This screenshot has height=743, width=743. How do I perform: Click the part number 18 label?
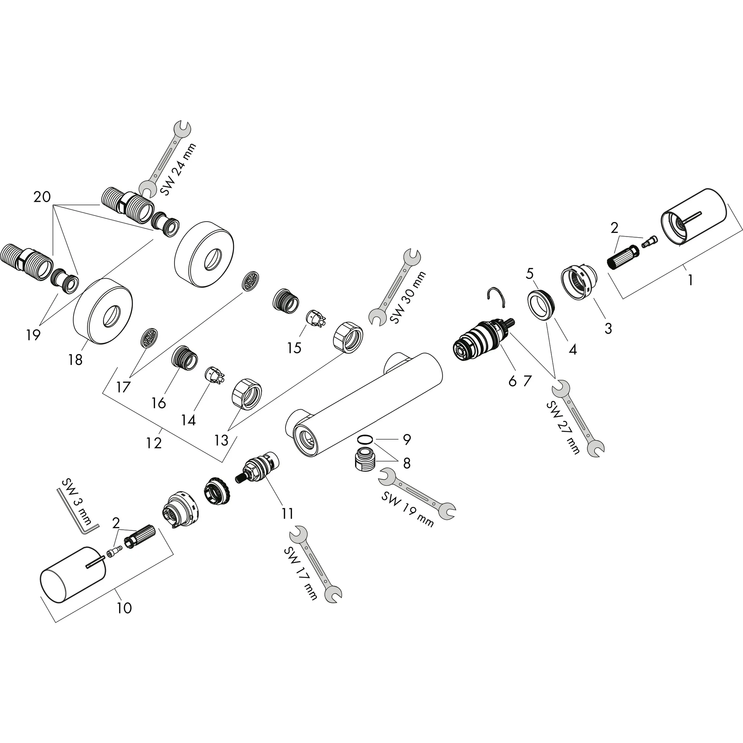(75, 360)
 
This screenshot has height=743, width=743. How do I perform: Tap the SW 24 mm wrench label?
(178, 169)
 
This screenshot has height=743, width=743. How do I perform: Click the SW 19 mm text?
(408, 510)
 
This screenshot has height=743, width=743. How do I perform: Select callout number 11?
(287, 513)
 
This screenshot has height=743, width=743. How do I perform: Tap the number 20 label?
(42, 197)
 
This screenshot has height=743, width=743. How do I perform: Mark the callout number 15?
(294, 348)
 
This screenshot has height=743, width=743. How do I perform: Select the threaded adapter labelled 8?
(365, 460)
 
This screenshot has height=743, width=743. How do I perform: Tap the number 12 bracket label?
(154, 443)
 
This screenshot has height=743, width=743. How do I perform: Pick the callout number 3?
(608, 328)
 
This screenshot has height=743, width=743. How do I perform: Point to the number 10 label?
(124, 608)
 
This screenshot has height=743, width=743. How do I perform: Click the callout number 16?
(159, 403)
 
